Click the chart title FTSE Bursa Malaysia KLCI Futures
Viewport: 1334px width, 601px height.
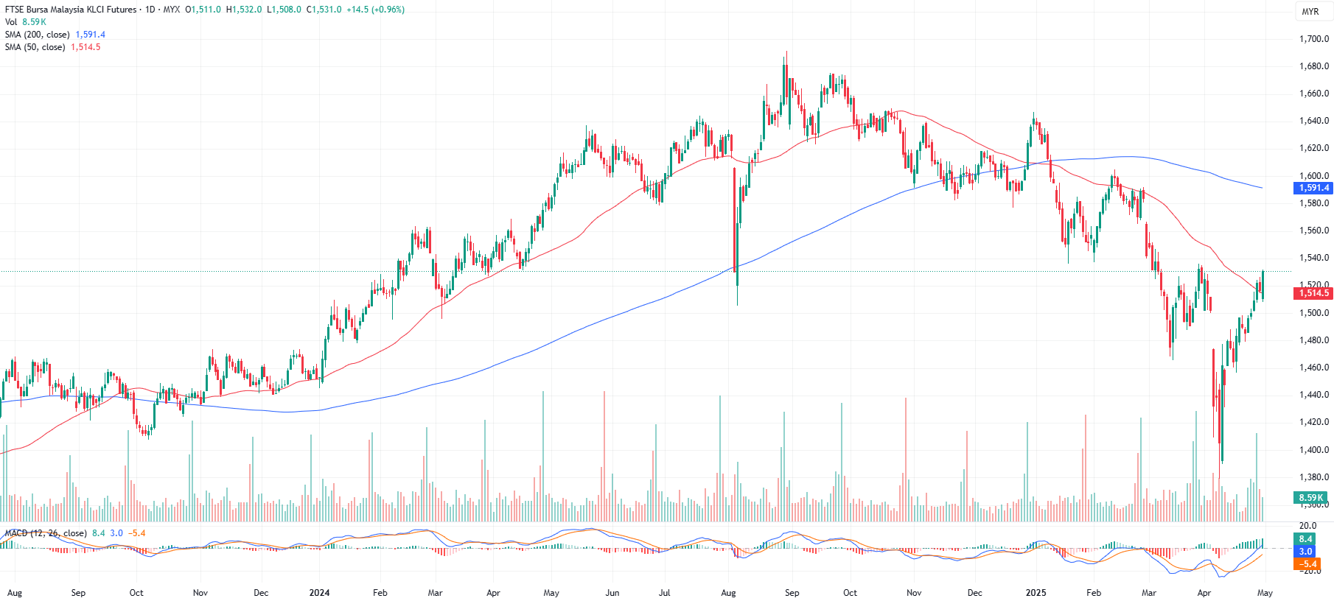click(x=71, y=10)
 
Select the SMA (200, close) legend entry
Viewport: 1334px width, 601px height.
click(x=37, y=35)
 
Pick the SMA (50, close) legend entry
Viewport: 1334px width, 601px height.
click(x=35, y=47)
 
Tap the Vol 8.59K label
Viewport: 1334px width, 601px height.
click(x=25, y=22)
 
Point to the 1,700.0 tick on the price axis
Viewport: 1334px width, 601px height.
click(x=1314, y=39)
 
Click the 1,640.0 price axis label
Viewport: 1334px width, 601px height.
click(x=1314, y=121)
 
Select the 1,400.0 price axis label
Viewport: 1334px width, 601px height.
click(x=1314, y=449)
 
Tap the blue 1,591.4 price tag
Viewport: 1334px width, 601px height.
click(x=1313, y=188)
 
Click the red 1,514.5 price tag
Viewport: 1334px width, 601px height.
click(x=1313, y=293)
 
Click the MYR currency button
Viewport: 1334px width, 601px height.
click(x=1310, y=12)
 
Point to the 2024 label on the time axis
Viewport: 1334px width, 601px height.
click(x=319, y=592)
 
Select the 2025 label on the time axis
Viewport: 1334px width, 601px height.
click(x=1036, y=592)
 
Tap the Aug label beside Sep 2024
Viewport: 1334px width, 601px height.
click(x=728, y=592)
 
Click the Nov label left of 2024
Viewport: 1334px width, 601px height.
click(x=200, y=592)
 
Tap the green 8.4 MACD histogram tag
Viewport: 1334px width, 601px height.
click(x=1305, y=539)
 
